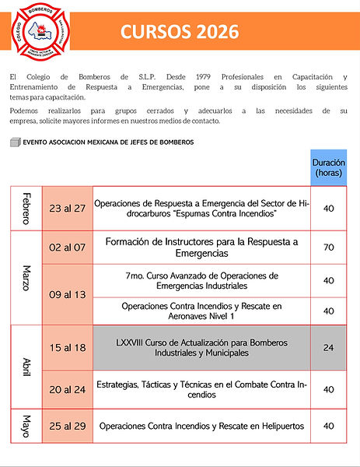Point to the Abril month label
coord(26,366)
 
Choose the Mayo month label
coord(26,426)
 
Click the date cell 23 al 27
coord(67,207)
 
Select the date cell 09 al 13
coord(67,296)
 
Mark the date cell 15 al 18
coord(67,347)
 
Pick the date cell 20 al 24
coord(67,389)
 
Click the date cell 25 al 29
coord(67,426)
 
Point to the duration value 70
coord(328,247)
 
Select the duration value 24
coord(328,347)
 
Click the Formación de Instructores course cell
coord(201,247)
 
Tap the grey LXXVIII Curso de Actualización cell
coord(201,347)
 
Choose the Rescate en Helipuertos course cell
coord(201,426)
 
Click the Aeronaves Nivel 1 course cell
coord(201,311)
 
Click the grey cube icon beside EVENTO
coord(16,142)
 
